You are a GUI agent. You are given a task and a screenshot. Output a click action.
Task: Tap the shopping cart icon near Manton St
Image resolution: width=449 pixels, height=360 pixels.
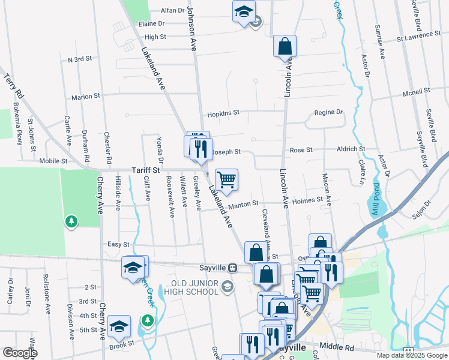226,179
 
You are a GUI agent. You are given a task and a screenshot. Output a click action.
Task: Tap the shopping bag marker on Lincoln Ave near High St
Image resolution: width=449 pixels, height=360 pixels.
285,46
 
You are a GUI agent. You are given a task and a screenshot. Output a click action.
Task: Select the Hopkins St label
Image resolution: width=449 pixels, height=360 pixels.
223,113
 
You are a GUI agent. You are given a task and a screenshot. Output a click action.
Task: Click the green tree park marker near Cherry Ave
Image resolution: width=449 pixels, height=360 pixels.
71,222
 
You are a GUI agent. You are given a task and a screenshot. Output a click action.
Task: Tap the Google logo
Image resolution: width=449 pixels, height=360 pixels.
20,353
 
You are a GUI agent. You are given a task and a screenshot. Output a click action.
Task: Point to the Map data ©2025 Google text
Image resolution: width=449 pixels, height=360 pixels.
412,355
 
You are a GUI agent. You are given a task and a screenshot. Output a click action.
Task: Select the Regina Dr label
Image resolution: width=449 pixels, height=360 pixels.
328,112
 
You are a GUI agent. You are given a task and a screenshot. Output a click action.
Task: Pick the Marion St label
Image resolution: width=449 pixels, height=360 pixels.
86,97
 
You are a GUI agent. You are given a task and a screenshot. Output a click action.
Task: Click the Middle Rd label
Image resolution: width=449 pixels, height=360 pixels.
338,346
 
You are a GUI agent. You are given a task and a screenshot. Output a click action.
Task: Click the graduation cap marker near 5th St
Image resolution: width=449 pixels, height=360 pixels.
119,326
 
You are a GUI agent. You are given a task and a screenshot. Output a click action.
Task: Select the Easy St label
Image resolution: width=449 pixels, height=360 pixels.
118,245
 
